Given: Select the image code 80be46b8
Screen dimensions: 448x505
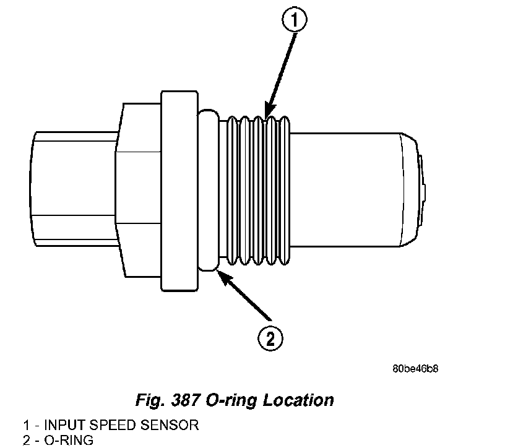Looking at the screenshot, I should coord(416,369).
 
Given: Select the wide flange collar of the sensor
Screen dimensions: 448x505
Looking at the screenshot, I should coord(180,191).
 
